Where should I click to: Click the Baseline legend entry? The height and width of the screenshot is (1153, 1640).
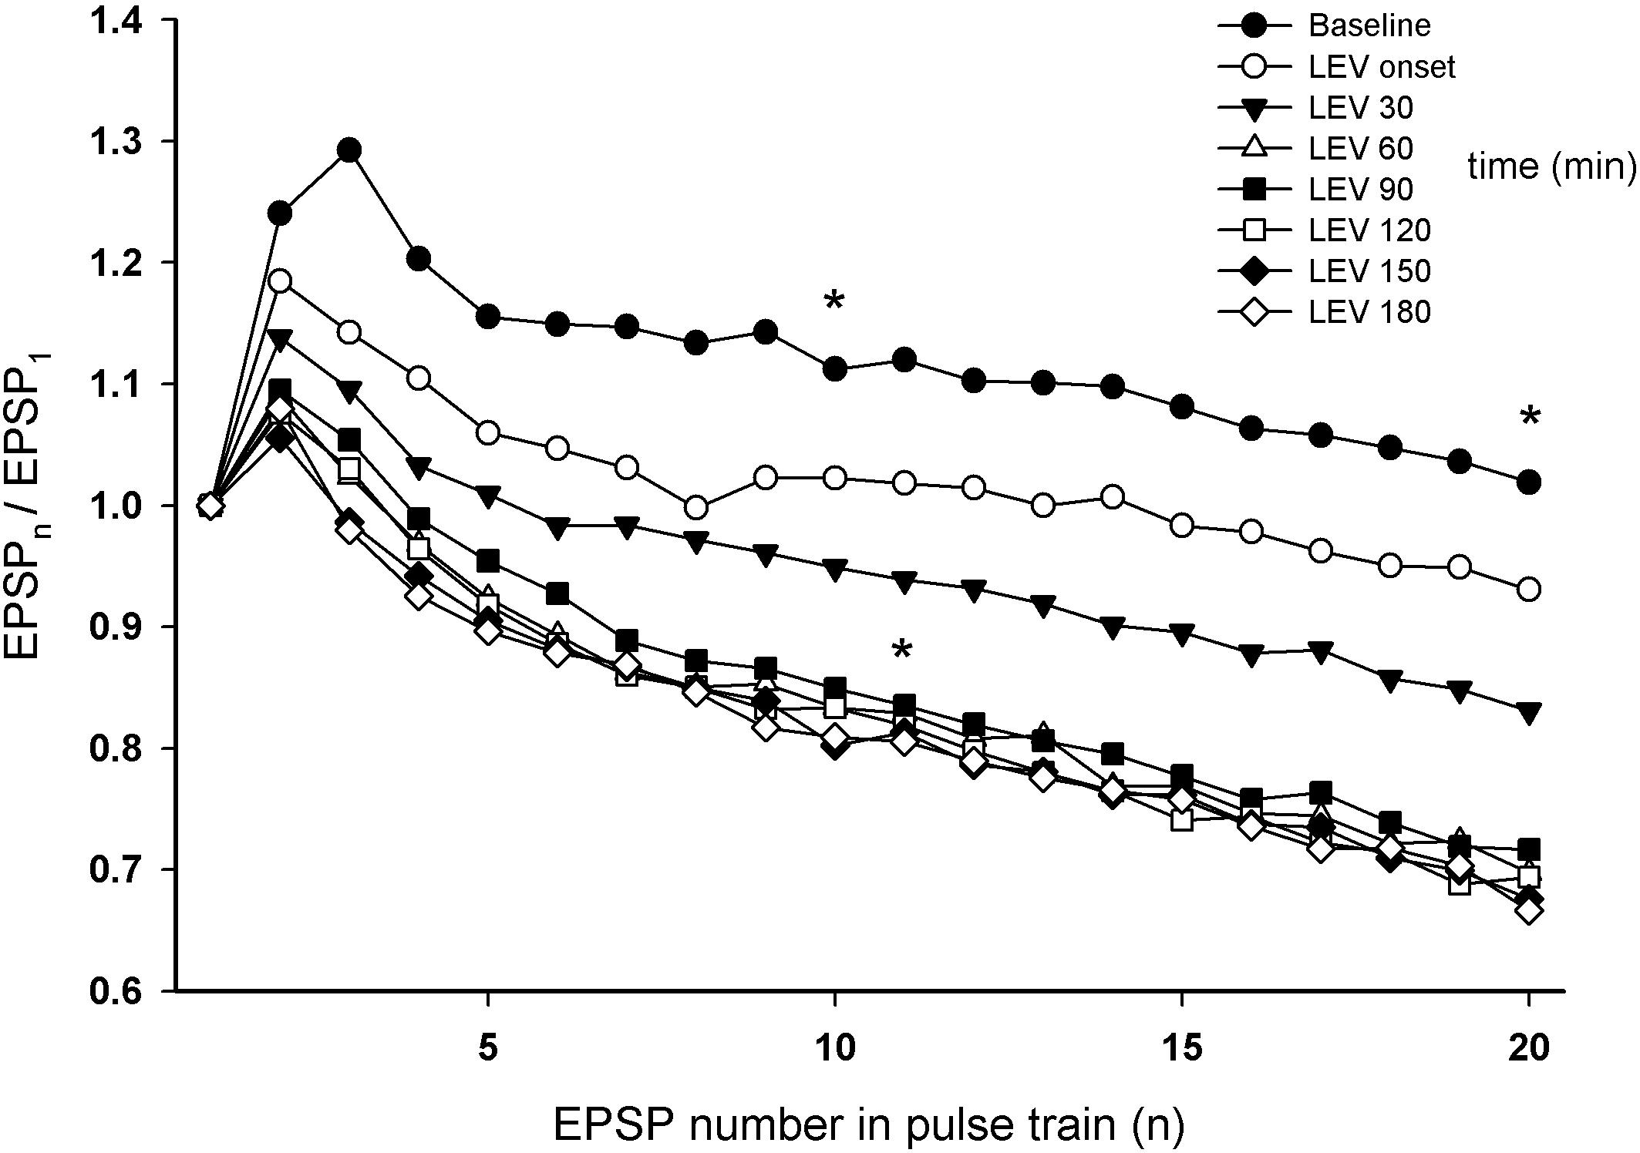(x=1369, y=26)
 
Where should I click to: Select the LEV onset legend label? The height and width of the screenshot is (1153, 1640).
(x=1381, y=67)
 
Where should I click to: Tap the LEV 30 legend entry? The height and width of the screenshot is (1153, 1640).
(x=1361, y=108)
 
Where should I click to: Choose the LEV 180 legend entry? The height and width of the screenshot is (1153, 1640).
(x=1369, y=311)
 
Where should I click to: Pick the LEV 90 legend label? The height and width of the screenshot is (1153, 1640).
(x=1361, y=190)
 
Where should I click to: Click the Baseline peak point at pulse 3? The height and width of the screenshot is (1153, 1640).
(x=349, y=150)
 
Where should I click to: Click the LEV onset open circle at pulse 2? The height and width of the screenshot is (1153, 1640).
(x=280, y=281)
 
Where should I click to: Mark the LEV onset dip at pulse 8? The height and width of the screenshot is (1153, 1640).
(x=696, y=508)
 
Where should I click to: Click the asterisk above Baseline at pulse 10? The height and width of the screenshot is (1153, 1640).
(x=833, y=301)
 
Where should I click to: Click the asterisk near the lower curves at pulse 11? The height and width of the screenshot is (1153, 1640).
(x=901, y=650)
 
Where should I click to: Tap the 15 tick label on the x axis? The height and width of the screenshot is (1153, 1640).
(x=1181, y=1049)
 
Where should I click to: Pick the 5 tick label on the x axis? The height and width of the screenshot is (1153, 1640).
(x=487, y=1049)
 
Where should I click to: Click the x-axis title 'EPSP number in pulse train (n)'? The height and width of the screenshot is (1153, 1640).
(x=868, y=1125)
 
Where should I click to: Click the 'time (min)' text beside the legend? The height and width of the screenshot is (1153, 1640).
(x=1551, y=166)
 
